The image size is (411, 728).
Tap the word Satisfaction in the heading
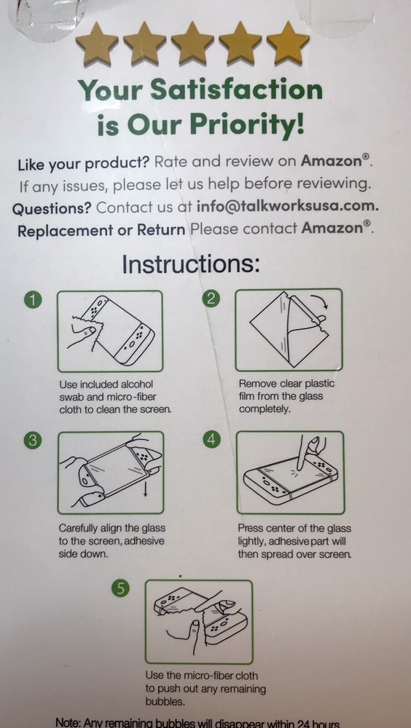[237, 90]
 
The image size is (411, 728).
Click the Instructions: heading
[190, 263]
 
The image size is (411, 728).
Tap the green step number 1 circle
[33, 298]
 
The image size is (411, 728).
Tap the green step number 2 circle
[211, 298]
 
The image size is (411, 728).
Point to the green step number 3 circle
[33, 440]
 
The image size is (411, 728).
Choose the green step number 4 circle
[211, 440]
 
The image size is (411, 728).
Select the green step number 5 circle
[121, 589]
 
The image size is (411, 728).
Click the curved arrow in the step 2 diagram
[319, 303]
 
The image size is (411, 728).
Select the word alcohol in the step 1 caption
[134, 384]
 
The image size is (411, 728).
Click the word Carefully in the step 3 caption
[82, 528]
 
